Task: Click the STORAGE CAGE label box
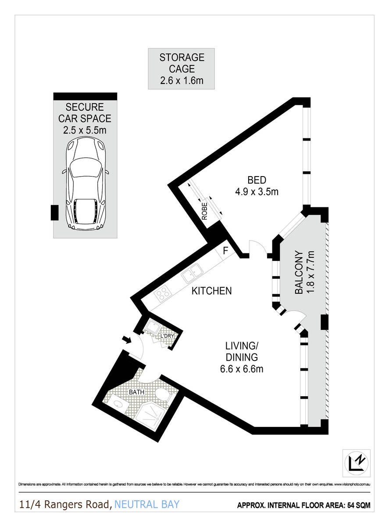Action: click(x=181, y=69)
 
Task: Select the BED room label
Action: click(x=257, y=180)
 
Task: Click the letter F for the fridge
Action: click(x=225, y=251)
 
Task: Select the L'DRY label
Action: click(x=167, y=336)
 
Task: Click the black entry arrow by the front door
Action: click(x=126, y=339)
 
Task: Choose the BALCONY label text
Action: click(x=299, y=272)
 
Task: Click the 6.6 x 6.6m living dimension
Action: click(x=242, y=369)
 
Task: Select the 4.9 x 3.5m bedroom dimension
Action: click(x=257, y=191)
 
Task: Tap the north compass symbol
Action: click(x=356, y=462)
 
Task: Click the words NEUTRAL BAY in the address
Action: click(x=147, y=504)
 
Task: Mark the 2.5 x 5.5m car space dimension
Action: click(x=85, y=130)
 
